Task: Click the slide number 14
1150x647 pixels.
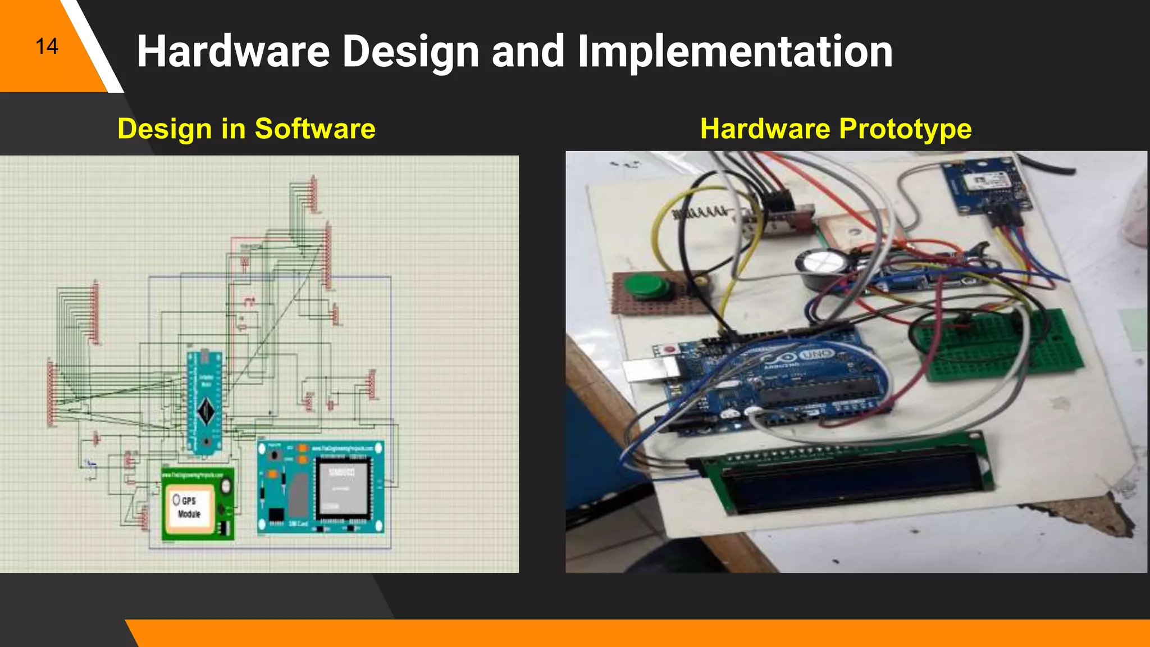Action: (47, 47)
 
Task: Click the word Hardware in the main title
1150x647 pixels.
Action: (233, 52)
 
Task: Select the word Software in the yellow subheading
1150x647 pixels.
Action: (315, 129)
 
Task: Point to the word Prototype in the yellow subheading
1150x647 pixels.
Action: (905, 129)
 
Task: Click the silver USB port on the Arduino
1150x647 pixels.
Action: (651, 370)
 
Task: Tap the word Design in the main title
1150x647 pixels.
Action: (410, 52)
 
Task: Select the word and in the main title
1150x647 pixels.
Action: (528, 52)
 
